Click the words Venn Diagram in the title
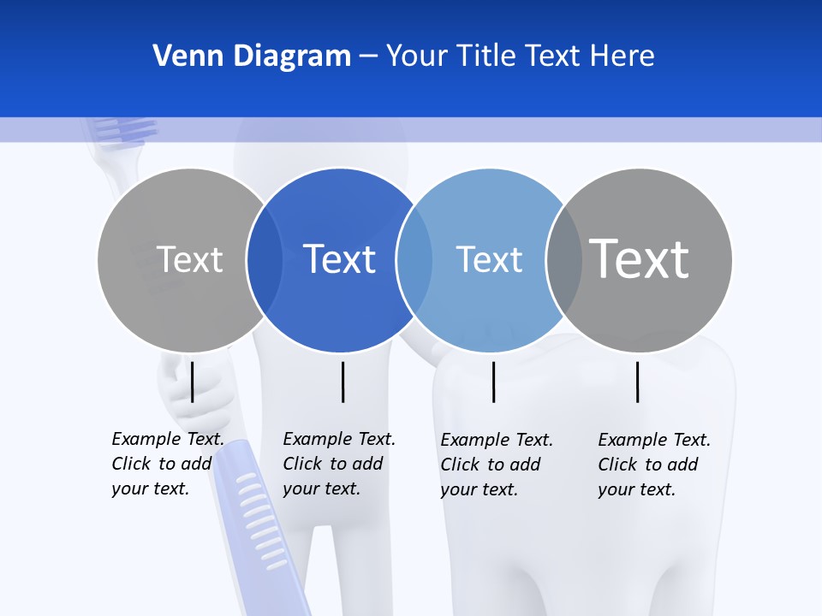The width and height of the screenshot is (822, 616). [252, 56]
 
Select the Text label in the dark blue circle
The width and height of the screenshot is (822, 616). [339, 259]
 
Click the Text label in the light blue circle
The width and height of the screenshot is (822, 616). [489, 259]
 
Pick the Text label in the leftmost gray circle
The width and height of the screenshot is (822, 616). [189, 259]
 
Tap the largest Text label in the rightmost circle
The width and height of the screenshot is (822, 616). [639, 258]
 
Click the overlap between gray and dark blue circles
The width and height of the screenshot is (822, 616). [265, 259]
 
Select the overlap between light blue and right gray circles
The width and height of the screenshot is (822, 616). [563, 259]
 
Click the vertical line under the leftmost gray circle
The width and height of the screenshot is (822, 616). [193, 382]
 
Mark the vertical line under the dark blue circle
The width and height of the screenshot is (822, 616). [342, 382]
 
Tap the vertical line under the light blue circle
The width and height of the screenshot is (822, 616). [493, 382]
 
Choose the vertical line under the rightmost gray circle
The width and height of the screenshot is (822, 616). [637, 382]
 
